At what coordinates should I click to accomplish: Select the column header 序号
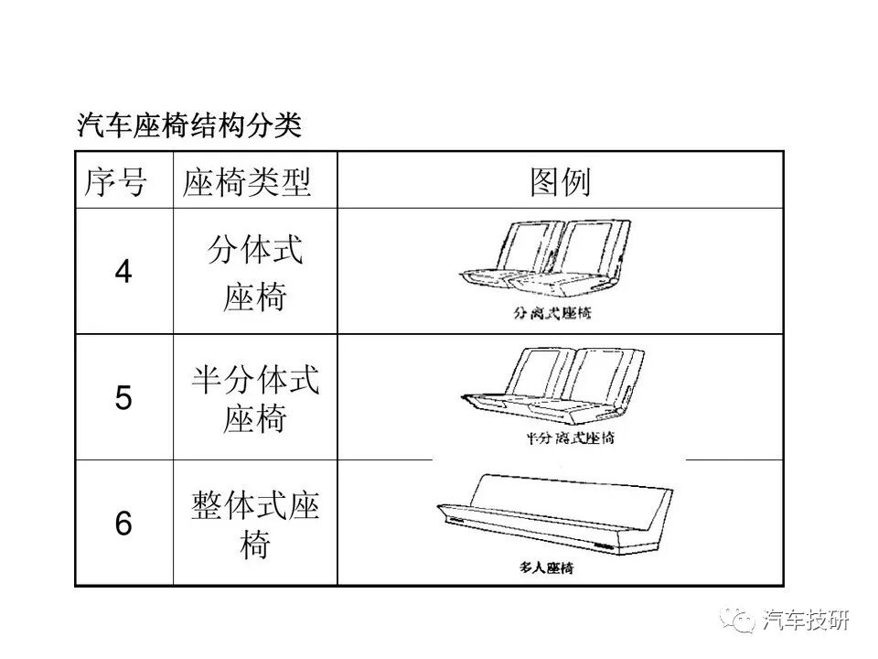[x=115, y=182]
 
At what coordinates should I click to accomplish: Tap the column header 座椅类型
[x=247, y=182]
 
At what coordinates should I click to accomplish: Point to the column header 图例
[x=560, y=182]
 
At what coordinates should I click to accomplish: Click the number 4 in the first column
[x=123, y=272]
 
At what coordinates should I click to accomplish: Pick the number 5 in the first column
[x=123, y=398]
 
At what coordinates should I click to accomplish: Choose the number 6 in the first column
[x=123, y=524]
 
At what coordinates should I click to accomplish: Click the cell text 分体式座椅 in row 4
[x=254, y=273]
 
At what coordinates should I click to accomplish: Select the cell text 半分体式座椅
[x=254, y=400]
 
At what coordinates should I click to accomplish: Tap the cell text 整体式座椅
[x=254, y=524]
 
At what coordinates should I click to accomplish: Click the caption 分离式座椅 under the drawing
[x=552, y=313]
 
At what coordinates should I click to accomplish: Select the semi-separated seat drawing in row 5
[x=549, y=386]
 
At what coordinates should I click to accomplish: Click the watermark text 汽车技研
[x=806, y=620]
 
